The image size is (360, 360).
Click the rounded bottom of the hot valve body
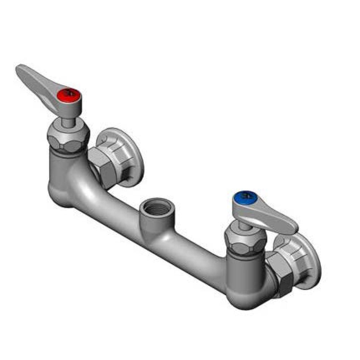pyautogui.click(x=61, y=193)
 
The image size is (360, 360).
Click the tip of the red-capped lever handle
pyautogui.click(x=21, y=70)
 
